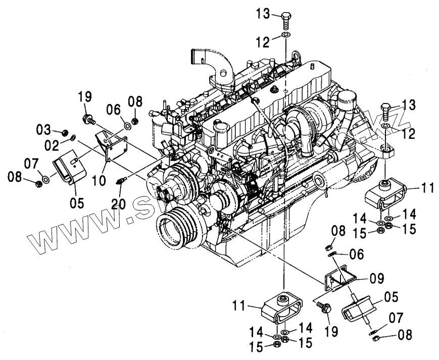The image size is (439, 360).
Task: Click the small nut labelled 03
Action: point(65,133)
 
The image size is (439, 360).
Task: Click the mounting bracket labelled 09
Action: point(339,279)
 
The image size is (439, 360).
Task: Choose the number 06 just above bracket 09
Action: point(356,255)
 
